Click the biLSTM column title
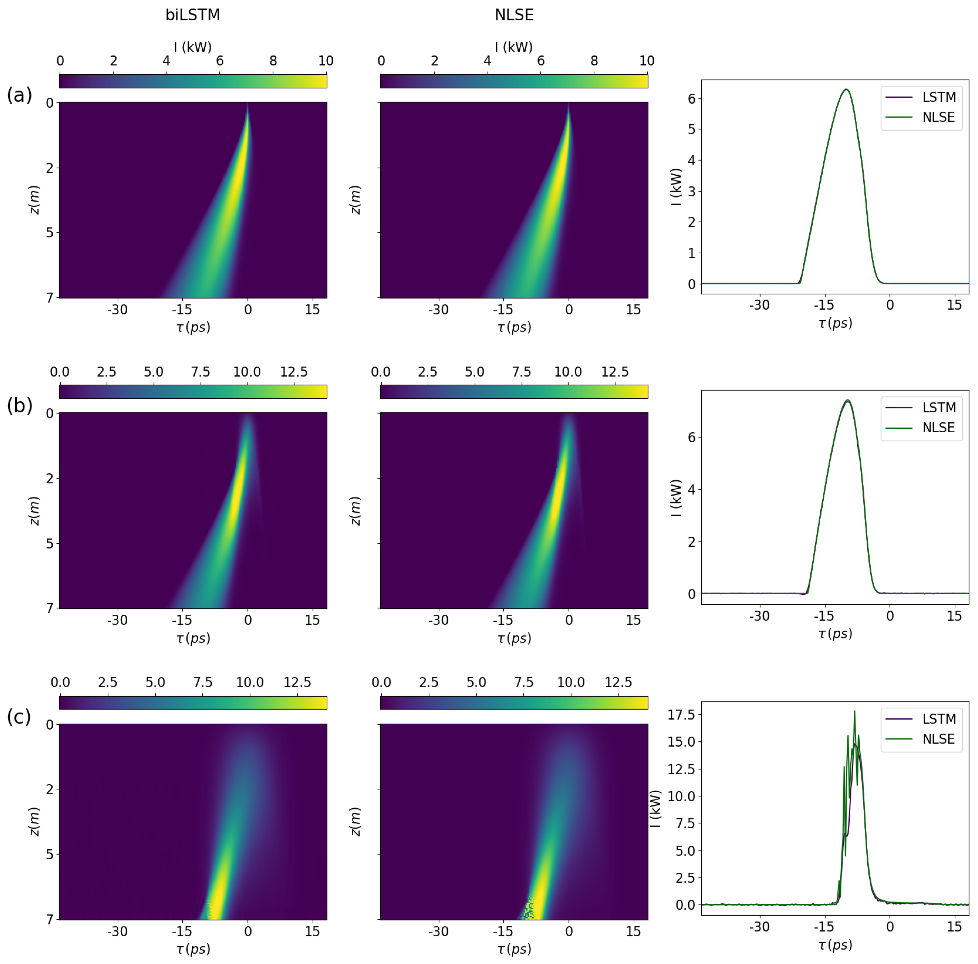pyautogui.click(x=193, y=15)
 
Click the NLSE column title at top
pyautogui.click(x=514, y=15)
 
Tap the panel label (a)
pyautogui.click(x=19, y=95)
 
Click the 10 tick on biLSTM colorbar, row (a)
pyautogui.click(x=326, y=61)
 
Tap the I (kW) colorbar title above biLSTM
pyautogui.click(x=193, y=47)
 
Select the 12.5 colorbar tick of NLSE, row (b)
pyautogui.click(x=615, y=372)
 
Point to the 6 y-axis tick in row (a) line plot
pyautogui.click(x=691, y=99)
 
